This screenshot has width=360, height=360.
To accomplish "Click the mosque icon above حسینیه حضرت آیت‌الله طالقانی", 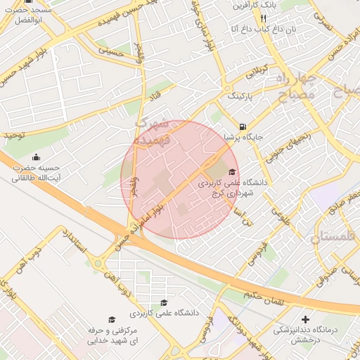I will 37,157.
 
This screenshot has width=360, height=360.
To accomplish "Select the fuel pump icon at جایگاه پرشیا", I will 243,127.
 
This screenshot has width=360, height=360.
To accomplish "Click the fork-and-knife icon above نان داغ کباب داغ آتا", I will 263,18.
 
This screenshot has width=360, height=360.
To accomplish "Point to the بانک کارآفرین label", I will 259,5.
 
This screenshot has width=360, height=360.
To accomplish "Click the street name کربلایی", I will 256,72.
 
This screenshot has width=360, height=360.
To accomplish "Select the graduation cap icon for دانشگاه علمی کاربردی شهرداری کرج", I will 232,172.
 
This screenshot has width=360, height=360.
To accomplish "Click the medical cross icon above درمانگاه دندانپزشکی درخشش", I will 304,319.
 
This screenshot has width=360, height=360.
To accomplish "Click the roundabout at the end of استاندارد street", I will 97,264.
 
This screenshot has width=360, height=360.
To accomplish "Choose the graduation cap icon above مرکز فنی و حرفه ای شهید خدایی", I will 110,319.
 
